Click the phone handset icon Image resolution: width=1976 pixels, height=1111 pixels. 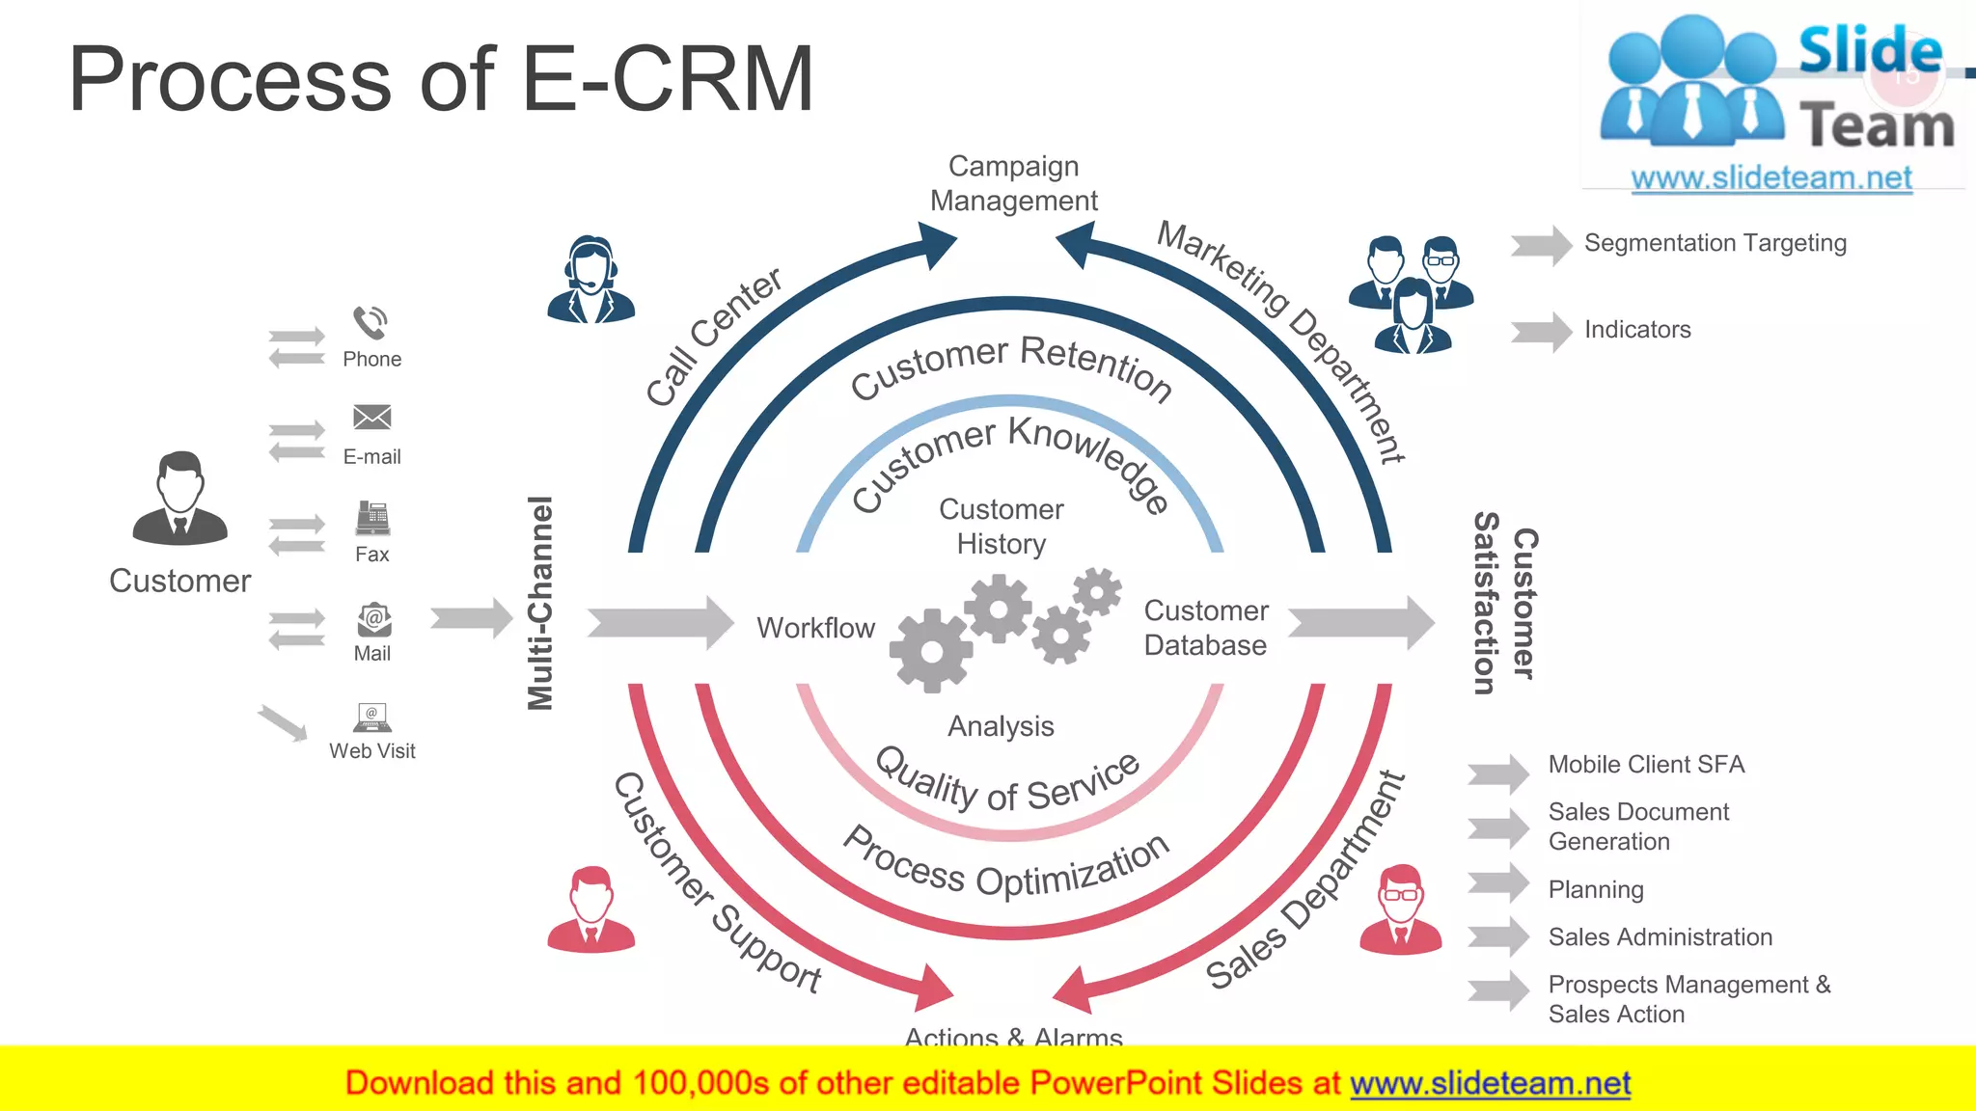pyautogui.click(x=370, y=323)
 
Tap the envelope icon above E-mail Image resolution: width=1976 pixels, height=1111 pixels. pyautogui.click(x=371, y=418)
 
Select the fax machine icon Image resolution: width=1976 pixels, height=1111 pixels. pyautogui.click(x=372, y=519)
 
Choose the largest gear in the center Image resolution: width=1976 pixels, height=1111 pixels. pyautogui.click(x=930, y=651)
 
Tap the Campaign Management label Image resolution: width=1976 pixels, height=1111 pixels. pyautogui.click(x=1013, y=183)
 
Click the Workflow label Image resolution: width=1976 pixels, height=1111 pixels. pyautogui.click(x=815, y=628)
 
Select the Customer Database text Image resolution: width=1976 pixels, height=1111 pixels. pyautogui.click(x=1205, y=628)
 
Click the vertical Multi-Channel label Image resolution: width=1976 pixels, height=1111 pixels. pyautogui.click(x=541, y=603)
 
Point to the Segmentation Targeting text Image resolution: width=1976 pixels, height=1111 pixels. pyautogui.click(x=1715, y=243)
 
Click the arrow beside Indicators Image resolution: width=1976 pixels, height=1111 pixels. pyautogui.click(x=1541, y=332)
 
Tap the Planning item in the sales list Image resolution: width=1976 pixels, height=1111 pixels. pyautogui.click(x=1596, y=889)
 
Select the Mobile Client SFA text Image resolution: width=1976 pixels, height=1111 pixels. pyautogui.click(x=1646, y=765)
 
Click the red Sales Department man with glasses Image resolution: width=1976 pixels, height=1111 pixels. pyautogui.click(x=1400, y=910)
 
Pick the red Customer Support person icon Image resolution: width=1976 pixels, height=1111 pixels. pyautogui.click(x=590, y=910)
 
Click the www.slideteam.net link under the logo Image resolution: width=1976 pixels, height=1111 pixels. pyautogui.click(x=1771, y=178)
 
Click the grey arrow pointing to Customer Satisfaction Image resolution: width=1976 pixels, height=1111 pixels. pyautogui.click(x=1360, y=623)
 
